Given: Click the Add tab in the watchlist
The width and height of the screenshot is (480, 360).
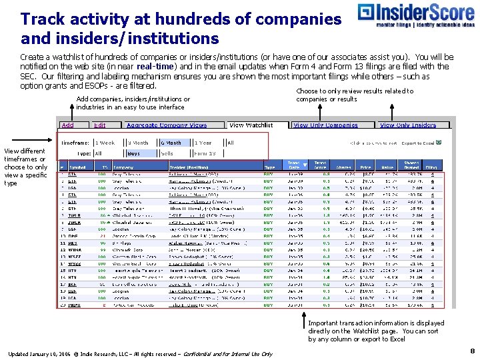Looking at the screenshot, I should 68,125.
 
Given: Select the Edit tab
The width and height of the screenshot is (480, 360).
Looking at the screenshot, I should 99,125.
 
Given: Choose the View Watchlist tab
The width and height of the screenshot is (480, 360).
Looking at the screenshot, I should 251,125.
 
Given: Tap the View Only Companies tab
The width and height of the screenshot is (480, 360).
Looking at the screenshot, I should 325,125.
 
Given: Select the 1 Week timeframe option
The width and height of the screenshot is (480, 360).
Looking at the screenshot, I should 105,142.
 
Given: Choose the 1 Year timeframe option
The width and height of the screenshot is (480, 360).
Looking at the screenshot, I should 203,142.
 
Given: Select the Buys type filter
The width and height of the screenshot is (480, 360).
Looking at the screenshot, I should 133,153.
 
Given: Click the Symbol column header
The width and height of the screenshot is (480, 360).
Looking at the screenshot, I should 79,167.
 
